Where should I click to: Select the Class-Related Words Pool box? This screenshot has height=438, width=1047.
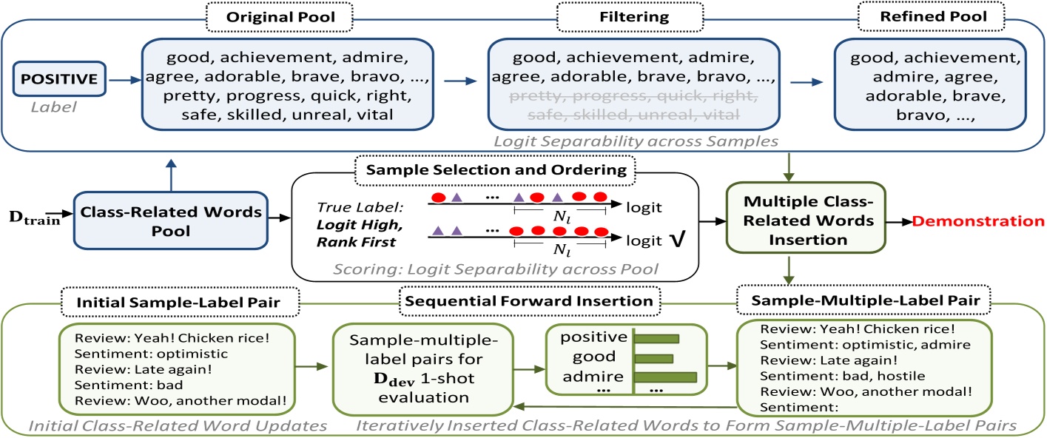(x=169, y=220)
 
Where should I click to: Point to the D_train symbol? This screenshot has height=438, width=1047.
(x=35, y=220)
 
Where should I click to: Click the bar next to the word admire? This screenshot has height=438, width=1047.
(x=672, y=377)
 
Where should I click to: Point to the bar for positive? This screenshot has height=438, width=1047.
(x=657, y=339)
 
